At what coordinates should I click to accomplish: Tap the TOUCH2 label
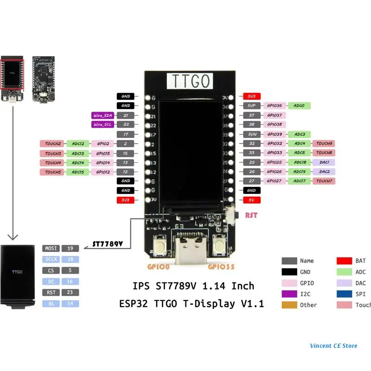(53, 144)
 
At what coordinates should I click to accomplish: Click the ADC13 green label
(77, 153)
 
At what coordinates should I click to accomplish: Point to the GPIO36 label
(275, 106)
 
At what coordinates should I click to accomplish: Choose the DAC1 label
(324, 162)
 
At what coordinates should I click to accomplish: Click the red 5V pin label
(251, 200)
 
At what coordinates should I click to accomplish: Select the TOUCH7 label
(324, 181)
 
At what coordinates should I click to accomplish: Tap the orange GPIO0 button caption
(159, 267)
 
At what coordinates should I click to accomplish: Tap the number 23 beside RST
(70, 293)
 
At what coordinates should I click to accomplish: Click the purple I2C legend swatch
(289, 294)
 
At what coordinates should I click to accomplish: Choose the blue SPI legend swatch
(344, 294)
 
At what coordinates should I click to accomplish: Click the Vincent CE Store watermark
(334, 345)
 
